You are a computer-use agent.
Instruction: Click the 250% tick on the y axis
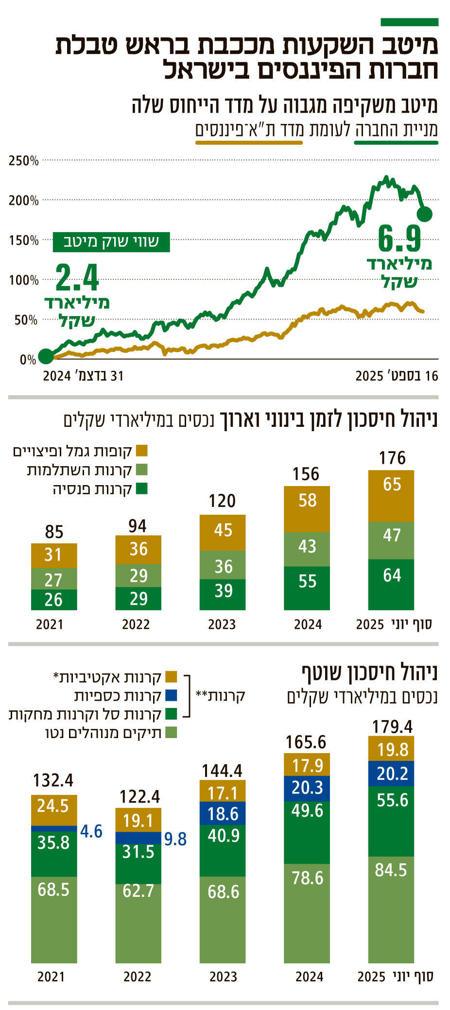pyautogui.click(x=23, y=161)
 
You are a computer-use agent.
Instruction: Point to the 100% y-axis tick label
pyautogui.click(x=23, y=280)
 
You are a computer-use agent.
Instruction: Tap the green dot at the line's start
pyautogui.click(x=46, y=356)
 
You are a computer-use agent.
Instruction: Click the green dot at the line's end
pyautogui.click(x=425, y=214)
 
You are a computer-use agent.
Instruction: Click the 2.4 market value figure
pyautogui.click(x=77, y=278)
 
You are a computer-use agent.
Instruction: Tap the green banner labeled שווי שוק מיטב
pyautogui.click(x=111, y=242)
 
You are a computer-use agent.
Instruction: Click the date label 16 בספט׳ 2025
pyautogui.click(x=397, y=376)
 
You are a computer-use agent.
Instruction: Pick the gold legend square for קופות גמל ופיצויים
pyautogui.click(x=141, y=451)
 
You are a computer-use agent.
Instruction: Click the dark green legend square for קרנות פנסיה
pyautogui.click(x=141, y=488)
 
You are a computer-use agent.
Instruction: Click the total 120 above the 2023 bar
pyautogui.click(x=222, y=501)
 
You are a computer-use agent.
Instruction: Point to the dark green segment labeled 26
pyautogui.click(x=54, y=600)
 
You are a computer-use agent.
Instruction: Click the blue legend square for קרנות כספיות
pyautogui.click(x=171, y=695)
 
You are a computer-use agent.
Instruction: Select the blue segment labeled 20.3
pyautogui.click(x=307, y=788)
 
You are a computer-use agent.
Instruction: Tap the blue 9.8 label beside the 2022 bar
pyautogui.click(x=175, y=839)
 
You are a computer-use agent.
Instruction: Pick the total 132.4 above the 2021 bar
pyautogui.click(x=53, y=780)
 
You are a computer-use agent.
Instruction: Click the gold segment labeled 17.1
pyautogui.click(x=223, y=792)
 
